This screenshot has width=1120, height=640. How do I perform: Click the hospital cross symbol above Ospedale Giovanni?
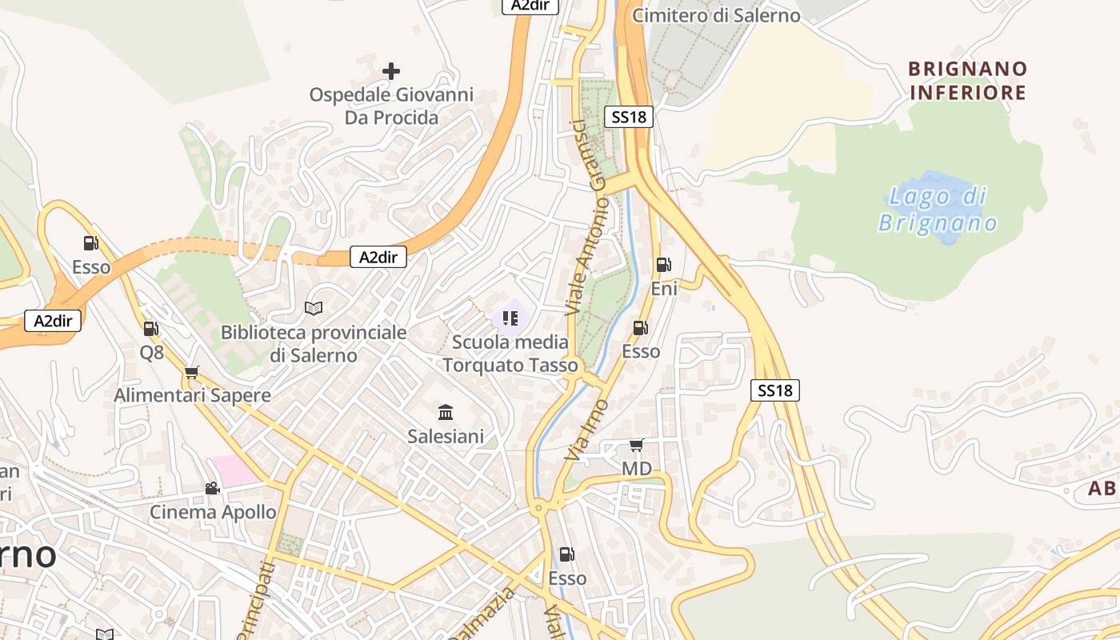pos(390,71)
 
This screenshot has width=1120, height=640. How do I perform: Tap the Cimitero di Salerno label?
pos(716,15)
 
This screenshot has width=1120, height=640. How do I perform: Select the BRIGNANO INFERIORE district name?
pos(967,81)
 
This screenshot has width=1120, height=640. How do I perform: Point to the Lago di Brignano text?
pos(938,210)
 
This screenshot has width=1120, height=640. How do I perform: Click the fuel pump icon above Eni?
pos(663,265)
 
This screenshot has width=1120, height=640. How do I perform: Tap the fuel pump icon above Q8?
pos(150,328)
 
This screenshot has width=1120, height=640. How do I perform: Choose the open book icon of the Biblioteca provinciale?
pos(314,308)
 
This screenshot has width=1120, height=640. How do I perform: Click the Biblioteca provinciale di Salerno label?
pos(314,344)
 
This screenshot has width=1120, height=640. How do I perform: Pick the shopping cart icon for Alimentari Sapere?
pos(191,372)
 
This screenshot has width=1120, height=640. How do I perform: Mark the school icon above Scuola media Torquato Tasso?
pos(510,318)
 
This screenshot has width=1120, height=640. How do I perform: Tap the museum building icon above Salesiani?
pos(446,413)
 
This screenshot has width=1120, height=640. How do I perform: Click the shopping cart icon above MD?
pos(636,445)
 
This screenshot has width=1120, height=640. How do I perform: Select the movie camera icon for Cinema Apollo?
pos(212,488)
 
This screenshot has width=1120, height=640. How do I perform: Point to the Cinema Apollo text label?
pos(214,512)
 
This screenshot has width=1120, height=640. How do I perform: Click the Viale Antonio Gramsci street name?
pos(588,217)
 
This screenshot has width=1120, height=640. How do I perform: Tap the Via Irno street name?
pos(586,430)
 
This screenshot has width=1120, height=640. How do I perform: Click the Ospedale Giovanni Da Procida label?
pos(391,106)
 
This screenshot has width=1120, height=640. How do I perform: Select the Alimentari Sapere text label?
pos(192,395)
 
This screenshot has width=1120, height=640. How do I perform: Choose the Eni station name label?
pos(664,289)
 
